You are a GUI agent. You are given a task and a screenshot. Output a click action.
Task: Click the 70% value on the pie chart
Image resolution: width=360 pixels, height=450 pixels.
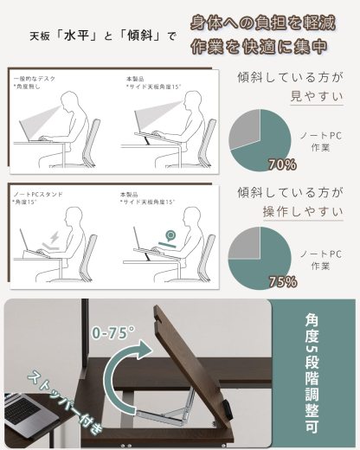[x=282, y=164]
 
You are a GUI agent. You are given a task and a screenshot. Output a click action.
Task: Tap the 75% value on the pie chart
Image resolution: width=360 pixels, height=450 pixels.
[x=282, y=281]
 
